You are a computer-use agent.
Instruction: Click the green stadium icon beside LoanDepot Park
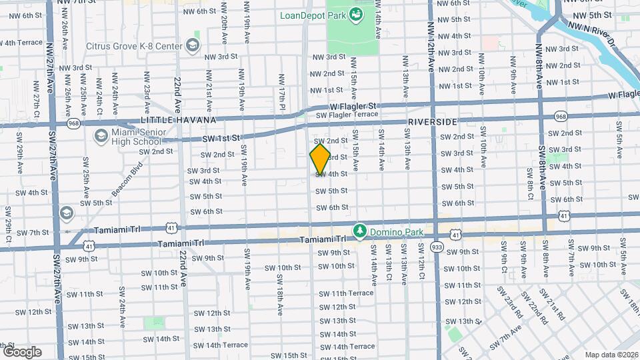pyautogui.click(x=356, y=13)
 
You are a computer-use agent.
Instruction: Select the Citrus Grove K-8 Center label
pyautogui.click(x=134, y=46)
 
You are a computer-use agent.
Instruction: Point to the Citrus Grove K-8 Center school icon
pyautogui.click(x=193, y=45)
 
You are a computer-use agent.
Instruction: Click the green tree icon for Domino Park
pyautogui.click(x=361, y=230)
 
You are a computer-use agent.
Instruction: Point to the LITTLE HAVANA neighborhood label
pyautogui.click(x=179, y=120)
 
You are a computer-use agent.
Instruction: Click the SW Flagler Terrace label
pyautogui.click(x=347, y=115)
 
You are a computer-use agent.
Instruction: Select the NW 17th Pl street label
pyautogui.click(x=283, y=87)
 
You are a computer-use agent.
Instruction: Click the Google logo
pyautogui.click(x=22, y=351)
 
